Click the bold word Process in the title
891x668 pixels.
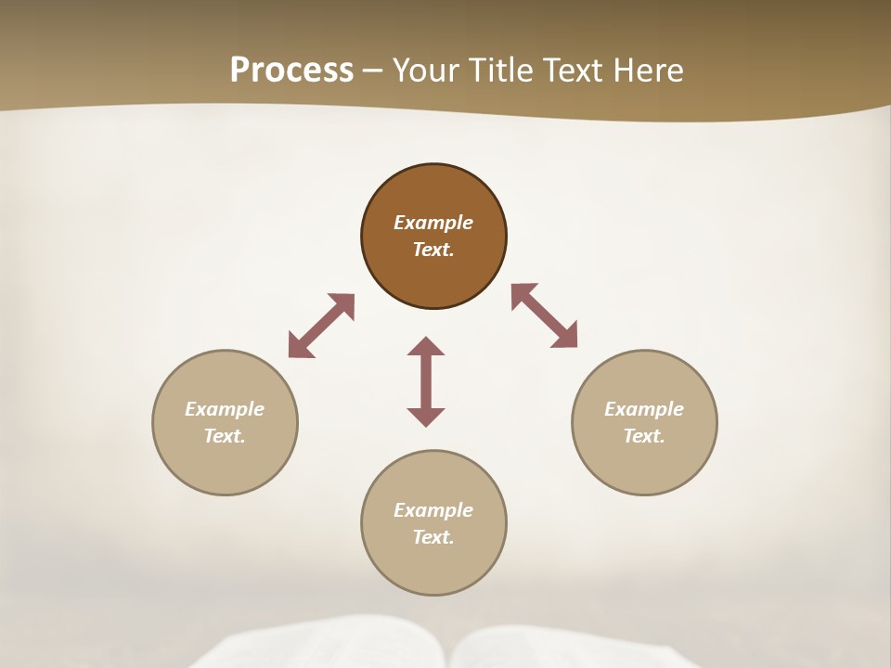click(x=291, y=71)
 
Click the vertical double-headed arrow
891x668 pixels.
click(x=426, y=381)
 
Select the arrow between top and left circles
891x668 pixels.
click(x=321, y=326)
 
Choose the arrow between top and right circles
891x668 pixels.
click(x=545, y=315)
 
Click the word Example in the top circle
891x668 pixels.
click(x=433, y=223)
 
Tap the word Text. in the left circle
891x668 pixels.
click(x=225, y=436)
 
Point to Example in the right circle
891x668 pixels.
click(x=644, y=409)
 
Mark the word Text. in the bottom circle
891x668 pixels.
click(x=433, y=537)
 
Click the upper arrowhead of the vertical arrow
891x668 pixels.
click(x=426, y=346)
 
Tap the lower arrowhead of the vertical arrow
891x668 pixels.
click(x=426, y=417)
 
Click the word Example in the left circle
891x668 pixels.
click(x=225, y=409)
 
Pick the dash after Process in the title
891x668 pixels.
click(x=373, y=71)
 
